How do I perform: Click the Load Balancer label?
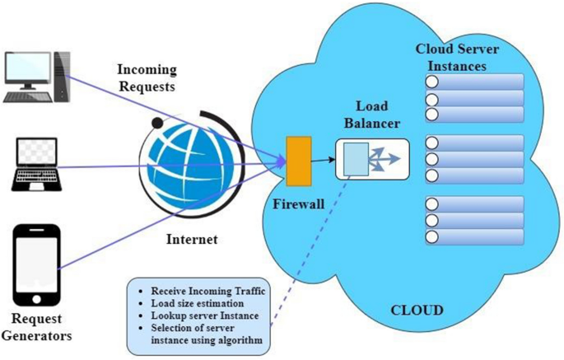pyautogui.click(x=371, y=115)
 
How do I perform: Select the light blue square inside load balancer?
pyautogui.click(x=355, y=158)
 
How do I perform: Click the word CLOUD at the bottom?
pyautogui.click(x=417, y=311)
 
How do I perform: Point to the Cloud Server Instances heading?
pyautogui.click(x=456, y=58)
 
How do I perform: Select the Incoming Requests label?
pyautogui.click(x=147, y=77)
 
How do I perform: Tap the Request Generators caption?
pyautogui.click(x=37, y=326)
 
